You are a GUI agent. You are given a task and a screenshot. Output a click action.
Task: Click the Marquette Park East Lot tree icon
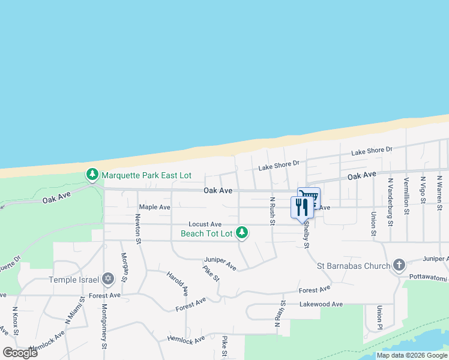click(92, 175)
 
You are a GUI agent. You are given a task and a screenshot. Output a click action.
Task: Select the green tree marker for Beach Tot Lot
click(242, 232)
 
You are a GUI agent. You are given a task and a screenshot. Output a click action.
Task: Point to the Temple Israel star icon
click(108, 278)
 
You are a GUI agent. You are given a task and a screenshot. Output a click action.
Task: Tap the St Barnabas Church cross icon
click(399, 265)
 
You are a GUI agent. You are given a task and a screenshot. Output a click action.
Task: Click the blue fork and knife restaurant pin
click(301, 207)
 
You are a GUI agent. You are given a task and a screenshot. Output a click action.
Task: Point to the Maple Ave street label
click(155, 207)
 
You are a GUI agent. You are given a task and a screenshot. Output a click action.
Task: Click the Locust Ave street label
click(205, 224)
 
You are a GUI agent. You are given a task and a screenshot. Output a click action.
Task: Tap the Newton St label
click(138, 231)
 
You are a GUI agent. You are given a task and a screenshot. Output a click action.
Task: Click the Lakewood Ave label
click(321, 304)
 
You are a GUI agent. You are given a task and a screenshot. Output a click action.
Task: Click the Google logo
click(20, 353)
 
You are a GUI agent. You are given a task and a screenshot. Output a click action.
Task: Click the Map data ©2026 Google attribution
click(412, 355)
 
